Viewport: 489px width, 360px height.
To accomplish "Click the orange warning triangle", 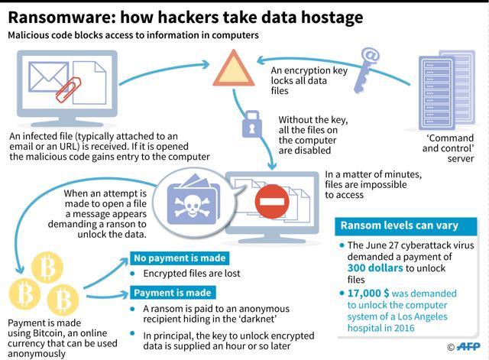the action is pos(233,70).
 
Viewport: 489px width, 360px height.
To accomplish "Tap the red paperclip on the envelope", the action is pos(68,89).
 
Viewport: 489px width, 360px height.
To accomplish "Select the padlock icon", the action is pos(251,124).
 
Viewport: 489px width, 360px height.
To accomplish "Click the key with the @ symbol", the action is pos(366,70).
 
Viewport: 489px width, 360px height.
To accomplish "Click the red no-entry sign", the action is pos(272,202).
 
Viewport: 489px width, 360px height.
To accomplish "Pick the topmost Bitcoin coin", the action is pos(47,268).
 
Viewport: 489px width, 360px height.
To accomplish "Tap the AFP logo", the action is pos(468,346).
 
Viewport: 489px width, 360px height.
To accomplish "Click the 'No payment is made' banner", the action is pos(180,258).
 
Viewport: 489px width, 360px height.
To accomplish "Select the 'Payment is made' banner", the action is pos(173,293).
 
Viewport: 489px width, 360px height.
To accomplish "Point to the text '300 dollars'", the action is pos(375,268).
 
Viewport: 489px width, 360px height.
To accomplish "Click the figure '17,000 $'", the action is pos(368,294).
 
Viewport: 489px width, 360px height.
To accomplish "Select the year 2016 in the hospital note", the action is pos(404,328).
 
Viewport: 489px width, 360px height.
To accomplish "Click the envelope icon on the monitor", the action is pos(49,76).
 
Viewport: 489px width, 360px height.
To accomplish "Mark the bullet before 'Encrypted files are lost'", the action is pos(132,274).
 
